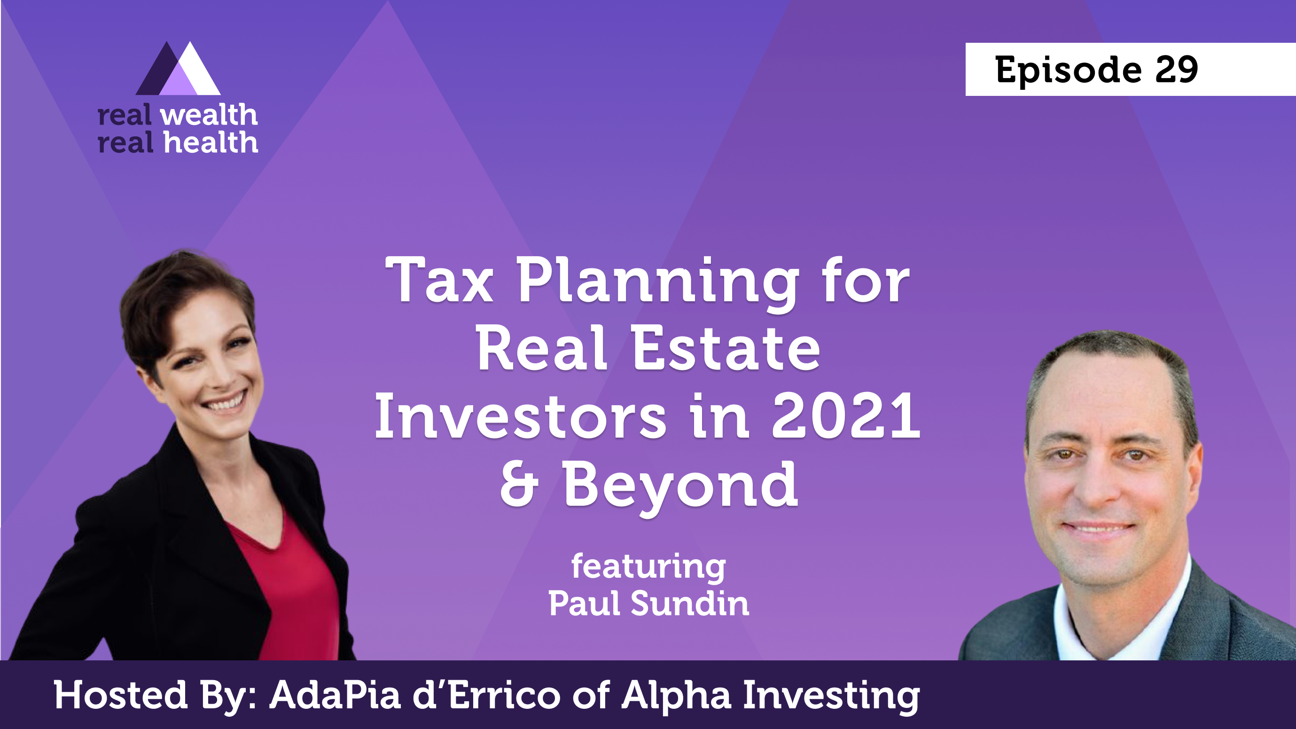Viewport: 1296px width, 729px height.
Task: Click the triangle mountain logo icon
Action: coord(178,69)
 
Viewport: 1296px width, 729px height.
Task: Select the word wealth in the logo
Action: coord(209,115)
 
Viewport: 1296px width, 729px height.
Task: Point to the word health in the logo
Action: coord(211,142)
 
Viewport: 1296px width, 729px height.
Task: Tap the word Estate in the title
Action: coord(726,348)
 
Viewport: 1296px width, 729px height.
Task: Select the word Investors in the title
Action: coord(520,416)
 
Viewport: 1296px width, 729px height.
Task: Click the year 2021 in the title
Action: coord(846,416)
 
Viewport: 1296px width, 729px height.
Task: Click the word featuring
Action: coord(648,568)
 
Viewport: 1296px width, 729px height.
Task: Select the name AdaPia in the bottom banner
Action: coord(335,695)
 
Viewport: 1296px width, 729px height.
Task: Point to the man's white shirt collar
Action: coord(1122,619)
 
